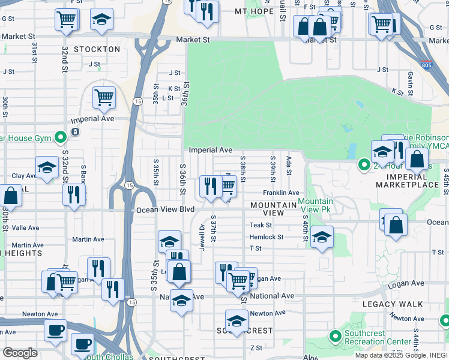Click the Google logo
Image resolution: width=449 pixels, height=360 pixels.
pos(19,353)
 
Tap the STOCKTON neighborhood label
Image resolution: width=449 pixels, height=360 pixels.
pos(97,49)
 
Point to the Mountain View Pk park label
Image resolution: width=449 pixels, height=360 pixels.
pos(315,205)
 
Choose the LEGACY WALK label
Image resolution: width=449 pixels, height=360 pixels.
pos(388,305)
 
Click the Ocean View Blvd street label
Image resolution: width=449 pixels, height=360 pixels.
pos(166,209)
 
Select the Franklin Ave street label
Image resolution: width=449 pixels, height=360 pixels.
pos(280,193)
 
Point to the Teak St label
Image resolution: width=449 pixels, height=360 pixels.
pos(261,225)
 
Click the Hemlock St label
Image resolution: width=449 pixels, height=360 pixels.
pos(266,237)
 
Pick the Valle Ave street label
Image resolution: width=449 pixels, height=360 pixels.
pos(25,228)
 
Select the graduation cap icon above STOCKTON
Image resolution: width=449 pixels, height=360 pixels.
pos(102,20)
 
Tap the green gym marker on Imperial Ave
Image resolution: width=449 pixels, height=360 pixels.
pos(60,138)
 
